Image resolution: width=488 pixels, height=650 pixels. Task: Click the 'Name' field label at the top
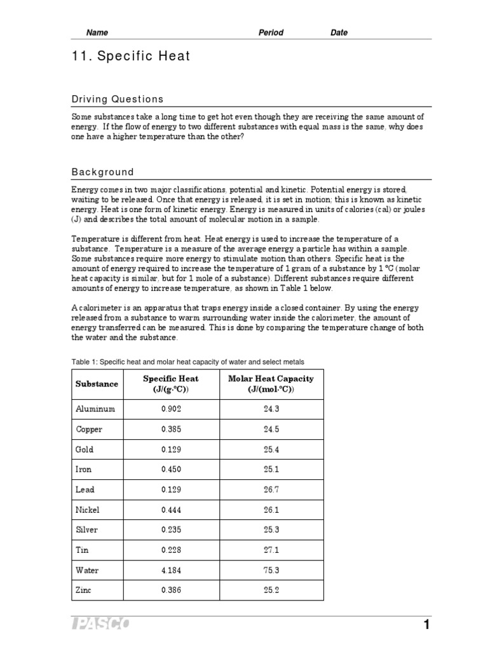pyautogui.click(x=97, y=33)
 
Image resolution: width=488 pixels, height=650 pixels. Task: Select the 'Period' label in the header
pyautogui.click(x=271, y=33)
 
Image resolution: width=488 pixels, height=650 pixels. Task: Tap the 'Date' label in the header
pyautogui.click(x=339, y=33)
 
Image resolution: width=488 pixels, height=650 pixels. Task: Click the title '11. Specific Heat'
pyautogui.click(x=130, y=57)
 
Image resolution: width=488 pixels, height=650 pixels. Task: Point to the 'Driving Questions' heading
pyautogui.click(x=117, y=99)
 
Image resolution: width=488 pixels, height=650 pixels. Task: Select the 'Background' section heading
pyautogui.click(x=102, y=172)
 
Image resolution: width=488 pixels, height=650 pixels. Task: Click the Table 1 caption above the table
pyautogui.click(x=187, y=362)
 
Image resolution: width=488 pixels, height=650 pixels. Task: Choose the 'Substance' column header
pyautogui.click(x=97, y=384)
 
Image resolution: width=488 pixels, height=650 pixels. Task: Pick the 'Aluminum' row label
pyautogui.click(x=95, y=409)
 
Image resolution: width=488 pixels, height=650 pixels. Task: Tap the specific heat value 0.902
pyautogui.click(x=171, y=409)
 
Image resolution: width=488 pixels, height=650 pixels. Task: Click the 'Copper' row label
pyautogui.click(x=89, y=430)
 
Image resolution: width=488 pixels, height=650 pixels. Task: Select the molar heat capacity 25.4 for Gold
pyautogui.click(x=271, y=449)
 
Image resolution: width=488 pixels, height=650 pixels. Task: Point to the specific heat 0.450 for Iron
pyautogui.click(x=171, y=470)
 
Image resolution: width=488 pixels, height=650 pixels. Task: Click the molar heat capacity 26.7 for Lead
pyautogui.click(x=271, y=490)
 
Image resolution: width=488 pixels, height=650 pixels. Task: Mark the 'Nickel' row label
pyautogui.click(x=88, y=510)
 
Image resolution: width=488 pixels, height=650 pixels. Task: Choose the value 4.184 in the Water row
pyautogui.click(x=171, y=570)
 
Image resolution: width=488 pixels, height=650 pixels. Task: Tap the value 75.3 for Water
pyautogui.click(x=271, y=570)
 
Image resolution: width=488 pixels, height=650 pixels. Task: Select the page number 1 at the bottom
pyautogui.click(x=427, y=625)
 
